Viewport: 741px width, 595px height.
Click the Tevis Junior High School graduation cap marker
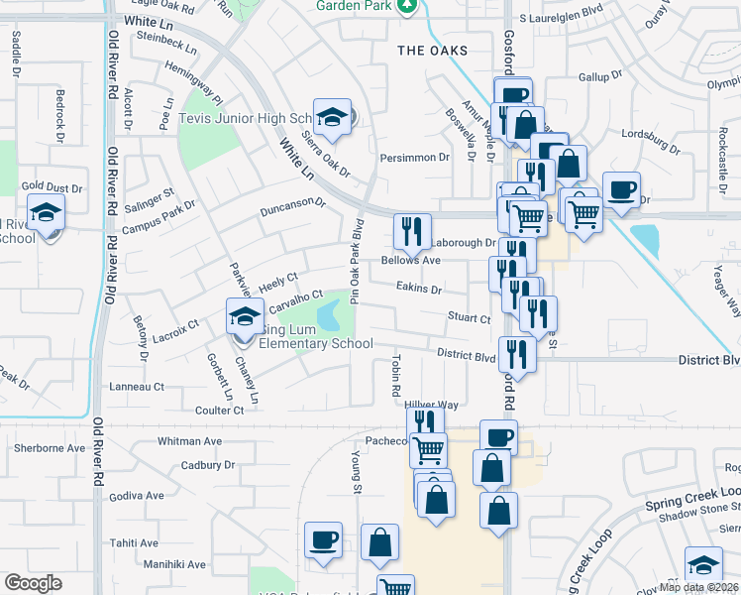click(334, 117)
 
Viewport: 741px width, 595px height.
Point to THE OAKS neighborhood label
click(431, 51)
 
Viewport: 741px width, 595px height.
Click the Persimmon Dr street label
click(415, 157)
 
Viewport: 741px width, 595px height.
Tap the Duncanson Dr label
click(293, 207)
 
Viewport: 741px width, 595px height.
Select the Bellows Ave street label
click(411, 261)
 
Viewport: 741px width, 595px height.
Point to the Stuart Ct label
click(470, 319)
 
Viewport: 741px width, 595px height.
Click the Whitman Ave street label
click(190, 440)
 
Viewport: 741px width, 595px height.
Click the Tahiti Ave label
click(135, 543)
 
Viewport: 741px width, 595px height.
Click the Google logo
click(33, 583)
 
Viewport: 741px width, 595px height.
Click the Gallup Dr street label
click(600, 75)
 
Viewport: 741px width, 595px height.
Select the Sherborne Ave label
click(50, 448)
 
